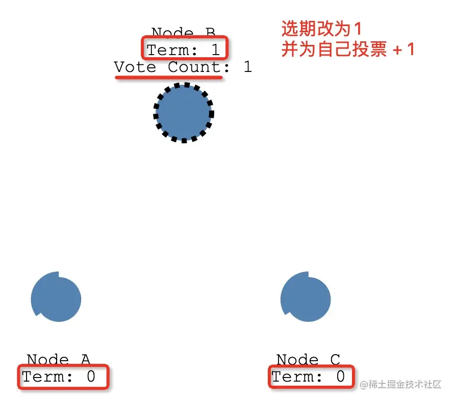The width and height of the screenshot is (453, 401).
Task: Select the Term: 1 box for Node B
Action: click(x=184, y=49)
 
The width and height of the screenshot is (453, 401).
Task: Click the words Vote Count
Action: click(x=168, y=67)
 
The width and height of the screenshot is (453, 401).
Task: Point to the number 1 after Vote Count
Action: click(x=247, y=67)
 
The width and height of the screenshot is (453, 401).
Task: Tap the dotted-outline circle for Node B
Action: click(x=184, y=113)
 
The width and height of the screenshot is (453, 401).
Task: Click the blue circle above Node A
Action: click(x=56, y=298)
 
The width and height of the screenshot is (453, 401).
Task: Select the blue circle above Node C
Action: click(x=306, y=297)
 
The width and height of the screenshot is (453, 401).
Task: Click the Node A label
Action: click(x=58, y=360)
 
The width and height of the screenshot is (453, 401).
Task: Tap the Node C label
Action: click(x=308, y=360)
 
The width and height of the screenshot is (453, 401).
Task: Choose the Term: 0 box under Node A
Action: click(x=64, y=377)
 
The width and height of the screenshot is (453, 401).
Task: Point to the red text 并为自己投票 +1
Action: click(x=347, y=50)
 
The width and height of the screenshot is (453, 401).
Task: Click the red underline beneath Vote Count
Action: click(x=168, y=78)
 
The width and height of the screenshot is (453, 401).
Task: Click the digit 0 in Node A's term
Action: click(x=91, y=377)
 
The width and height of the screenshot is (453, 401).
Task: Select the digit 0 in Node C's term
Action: click(x=340, y=377)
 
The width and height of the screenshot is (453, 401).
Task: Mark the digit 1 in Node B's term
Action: click(x=215, y=50)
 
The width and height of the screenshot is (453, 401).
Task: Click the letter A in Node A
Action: click(x=85, y=360)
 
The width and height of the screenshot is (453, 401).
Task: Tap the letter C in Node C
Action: click(x=335, y=360)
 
